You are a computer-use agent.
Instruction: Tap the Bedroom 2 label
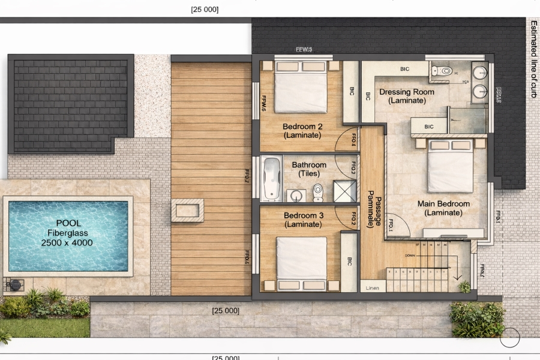click(302, 131)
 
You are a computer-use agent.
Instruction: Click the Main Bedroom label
click(443, 208)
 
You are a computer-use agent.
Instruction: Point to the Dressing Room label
click(407, 96)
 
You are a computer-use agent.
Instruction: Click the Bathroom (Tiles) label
click(309, 169)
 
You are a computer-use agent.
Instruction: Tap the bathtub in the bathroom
click(272, 178)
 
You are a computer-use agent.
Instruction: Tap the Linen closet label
click(372, 287)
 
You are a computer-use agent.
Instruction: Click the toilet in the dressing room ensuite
click(443, 71)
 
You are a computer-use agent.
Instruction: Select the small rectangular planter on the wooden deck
click(187, 210)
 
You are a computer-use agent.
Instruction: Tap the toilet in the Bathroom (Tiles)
click(317, 192)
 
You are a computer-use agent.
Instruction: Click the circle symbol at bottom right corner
click(509, 338)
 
